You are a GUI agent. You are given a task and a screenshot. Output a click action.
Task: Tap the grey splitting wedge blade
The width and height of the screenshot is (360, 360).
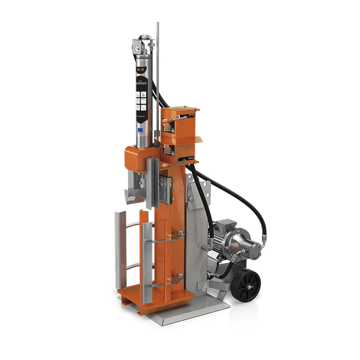136,190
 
